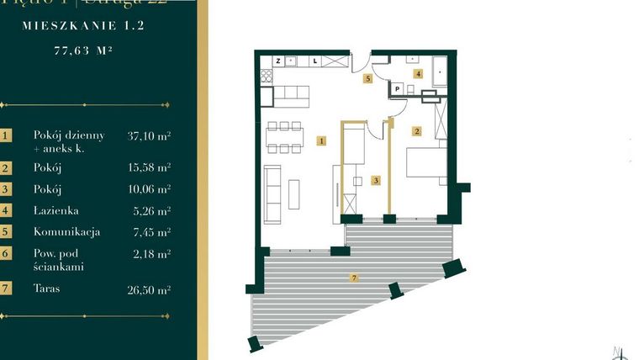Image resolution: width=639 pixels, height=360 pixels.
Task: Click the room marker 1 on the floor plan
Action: coord(322,141)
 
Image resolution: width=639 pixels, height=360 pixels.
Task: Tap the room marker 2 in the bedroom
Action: coord(415,131)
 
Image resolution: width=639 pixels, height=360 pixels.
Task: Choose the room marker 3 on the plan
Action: coord(376,180)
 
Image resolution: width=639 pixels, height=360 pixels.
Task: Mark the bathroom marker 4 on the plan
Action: coord(418,74)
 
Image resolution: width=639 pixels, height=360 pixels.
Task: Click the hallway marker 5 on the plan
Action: coord(367,78)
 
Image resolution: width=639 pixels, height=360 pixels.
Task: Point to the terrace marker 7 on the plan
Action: coord(354,277)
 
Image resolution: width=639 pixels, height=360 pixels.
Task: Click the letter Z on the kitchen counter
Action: coord(277,61)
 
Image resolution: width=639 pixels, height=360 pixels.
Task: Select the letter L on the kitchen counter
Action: coord(315,61)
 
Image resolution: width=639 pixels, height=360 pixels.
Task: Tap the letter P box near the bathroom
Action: coord(396,88)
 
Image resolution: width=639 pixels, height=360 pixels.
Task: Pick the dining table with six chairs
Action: coord(284,138)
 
